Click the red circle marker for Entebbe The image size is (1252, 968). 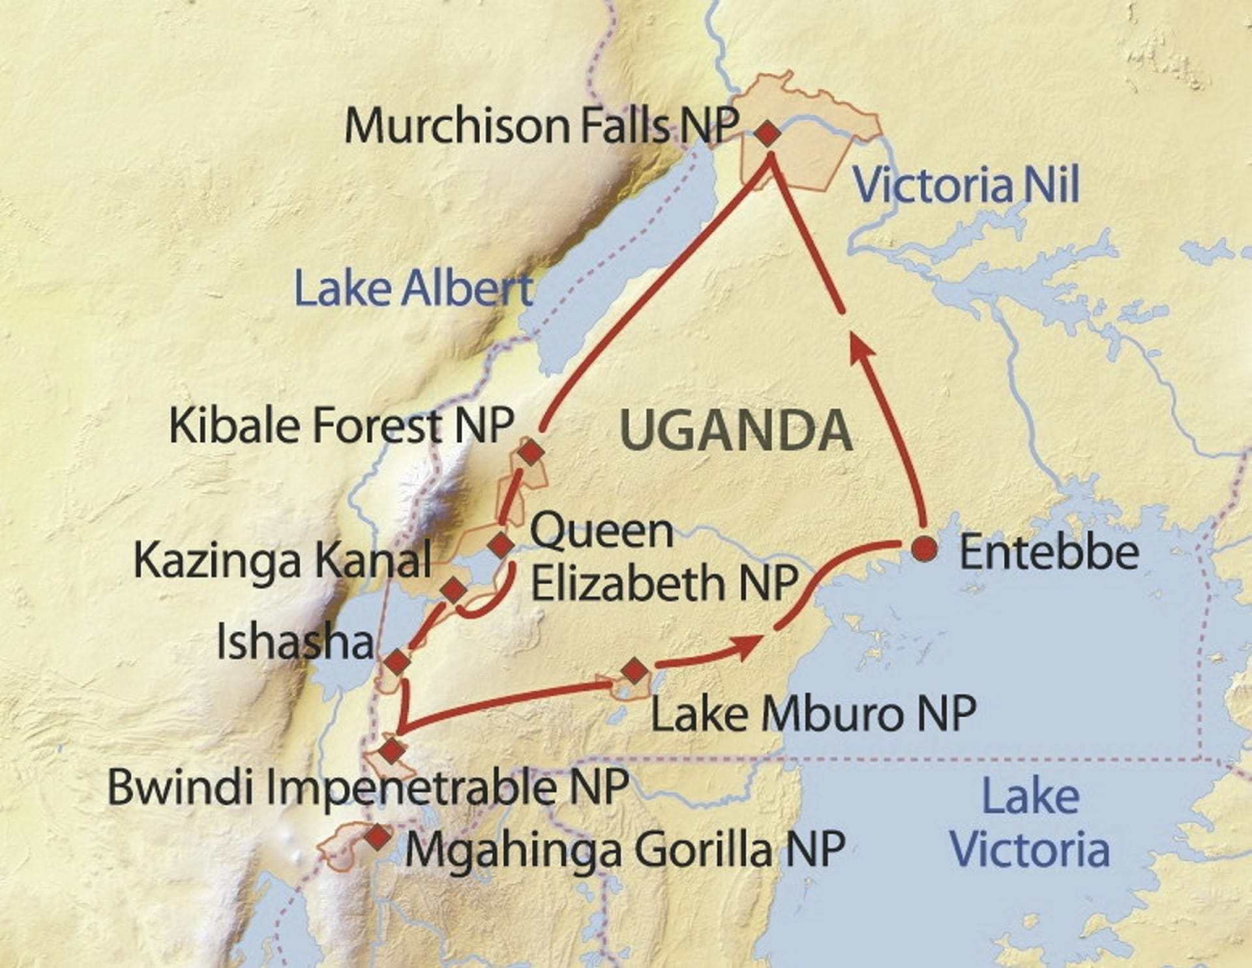coord(924,550)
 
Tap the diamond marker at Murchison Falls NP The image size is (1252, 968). coord(768,134)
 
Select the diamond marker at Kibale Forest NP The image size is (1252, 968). coord(531,451)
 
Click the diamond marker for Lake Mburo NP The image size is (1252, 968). coord(633,670)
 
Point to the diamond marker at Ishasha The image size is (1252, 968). coord(396,663)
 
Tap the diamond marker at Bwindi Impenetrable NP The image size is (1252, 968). coord(391,750)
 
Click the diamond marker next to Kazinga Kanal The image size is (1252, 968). coord(454,590)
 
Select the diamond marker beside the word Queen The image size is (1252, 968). coord(501,544)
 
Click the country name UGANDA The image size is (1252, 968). coord(736,431)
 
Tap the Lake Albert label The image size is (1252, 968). coord(413,289)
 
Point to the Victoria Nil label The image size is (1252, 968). coord(966,185)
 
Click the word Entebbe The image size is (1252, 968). coord(1049,553)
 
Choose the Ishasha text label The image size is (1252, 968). coord(295,641)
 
